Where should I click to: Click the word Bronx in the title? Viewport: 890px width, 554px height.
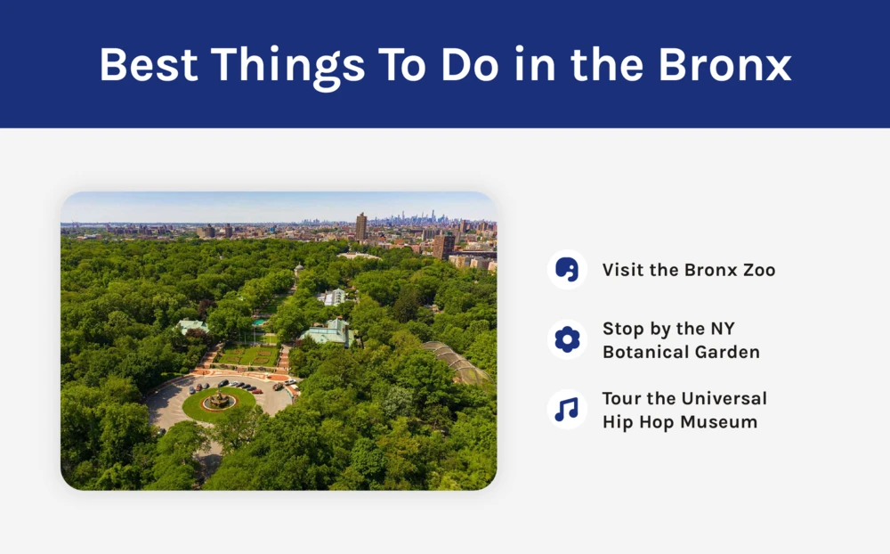click(x=724, y=64)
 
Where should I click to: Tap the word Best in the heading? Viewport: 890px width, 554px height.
click(x=149, y=64)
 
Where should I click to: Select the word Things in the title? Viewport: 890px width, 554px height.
click(x=288, y=68)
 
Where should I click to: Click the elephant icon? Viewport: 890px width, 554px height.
click(x=567, y=269)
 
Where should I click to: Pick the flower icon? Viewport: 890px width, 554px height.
click(x=567, y=339)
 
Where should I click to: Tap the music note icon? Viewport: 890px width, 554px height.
click(x=566, y=410)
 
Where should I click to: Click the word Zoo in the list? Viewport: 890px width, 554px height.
click(x=759, y=270)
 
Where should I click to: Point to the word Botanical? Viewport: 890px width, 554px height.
click(x=645, y=353)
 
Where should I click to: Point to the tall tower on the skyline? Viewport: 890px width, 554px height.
click(x=361, y=226)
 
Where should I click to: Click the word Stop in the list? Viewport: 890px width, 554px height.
click(x=623, y=330)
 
